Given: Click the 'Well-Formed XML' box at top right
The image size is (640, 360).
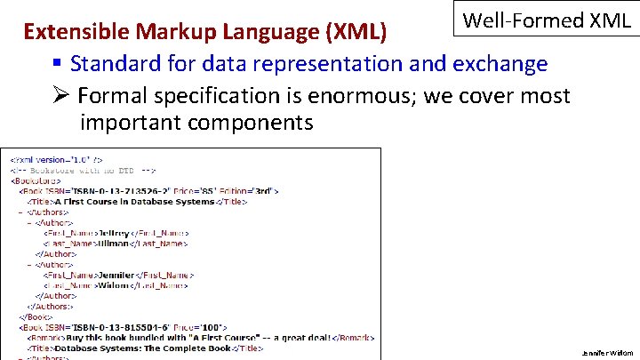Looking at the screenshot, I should click(547, 20).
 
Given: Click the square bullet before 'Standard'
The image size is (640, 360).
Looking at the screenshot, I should click(57, 64).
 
